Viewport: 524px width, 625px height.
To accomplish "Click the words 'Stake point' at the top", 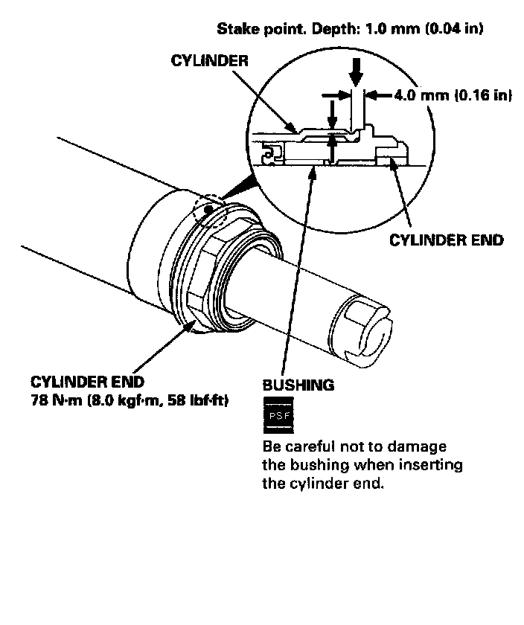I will pyautogui.click(x=251, y=30).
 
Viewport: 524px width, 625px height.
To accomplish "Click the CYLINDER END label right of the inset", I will pyautogui.click(x=447, y=240).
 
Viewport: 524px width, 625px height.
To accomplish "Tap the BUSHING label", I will pyautogui.click(x=298, y=385).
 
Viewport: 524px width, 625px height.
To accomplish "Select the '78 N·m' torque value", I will pyautogui.click(x=57, y=401).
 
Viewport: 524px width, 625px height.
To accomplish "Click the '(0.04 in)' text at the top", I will pyautogui.click(x=453, y=30).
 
